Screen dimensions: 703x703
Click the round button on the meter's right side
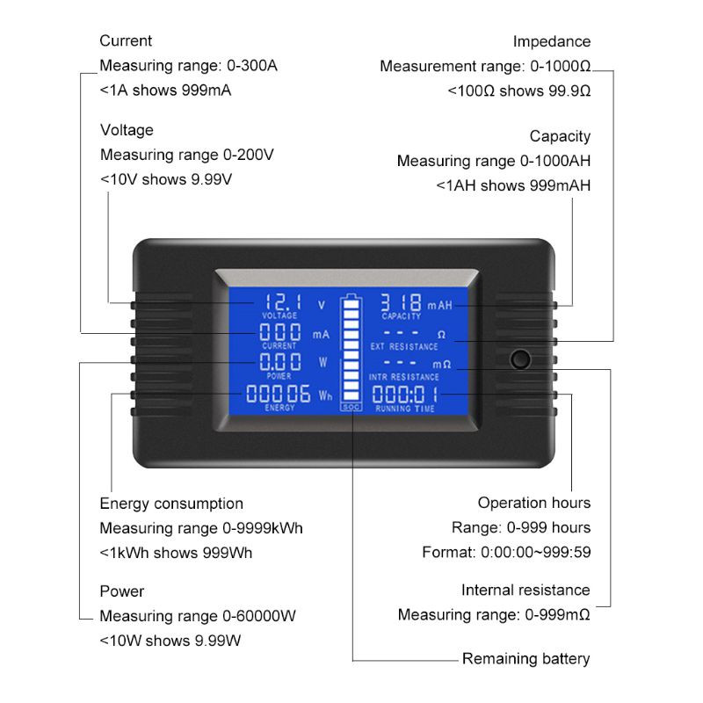tap(521, 359)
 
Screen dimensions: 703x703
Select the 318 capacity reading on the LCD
tap(401, 301)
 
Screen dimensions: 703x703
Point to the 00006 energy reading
tap(279, 394)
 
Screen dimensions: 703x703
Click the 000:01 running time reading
tap(405, 395)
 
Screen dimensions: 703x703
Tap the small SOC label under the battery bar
tap(351, 408)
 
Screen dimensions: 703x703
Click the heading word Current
tap(126, 40)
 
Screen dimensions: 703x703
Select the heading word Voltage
tap(127, 130)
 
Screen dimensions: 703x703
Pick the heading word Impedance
tap(552, 41)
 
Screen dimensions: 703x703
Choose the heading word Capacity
tap(560, 136)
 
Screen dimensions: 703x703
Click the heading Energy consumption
tap(171, 504)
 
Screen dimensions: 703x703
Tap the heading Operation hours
tap(534, 503)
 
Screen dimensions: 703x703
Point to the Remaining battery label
tap(526, 658)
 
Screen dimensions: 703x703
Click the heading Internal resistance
tap(525, 590)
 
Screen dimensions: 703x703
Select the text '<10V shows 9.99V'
tap(166, 179)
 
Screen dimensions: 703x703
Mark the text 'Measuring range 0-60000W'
tap(198, 616)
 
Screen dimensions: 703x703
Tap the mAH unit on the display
tap(439, 305)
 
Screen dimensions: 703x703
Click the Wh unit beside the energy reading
tap(325, 396)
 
